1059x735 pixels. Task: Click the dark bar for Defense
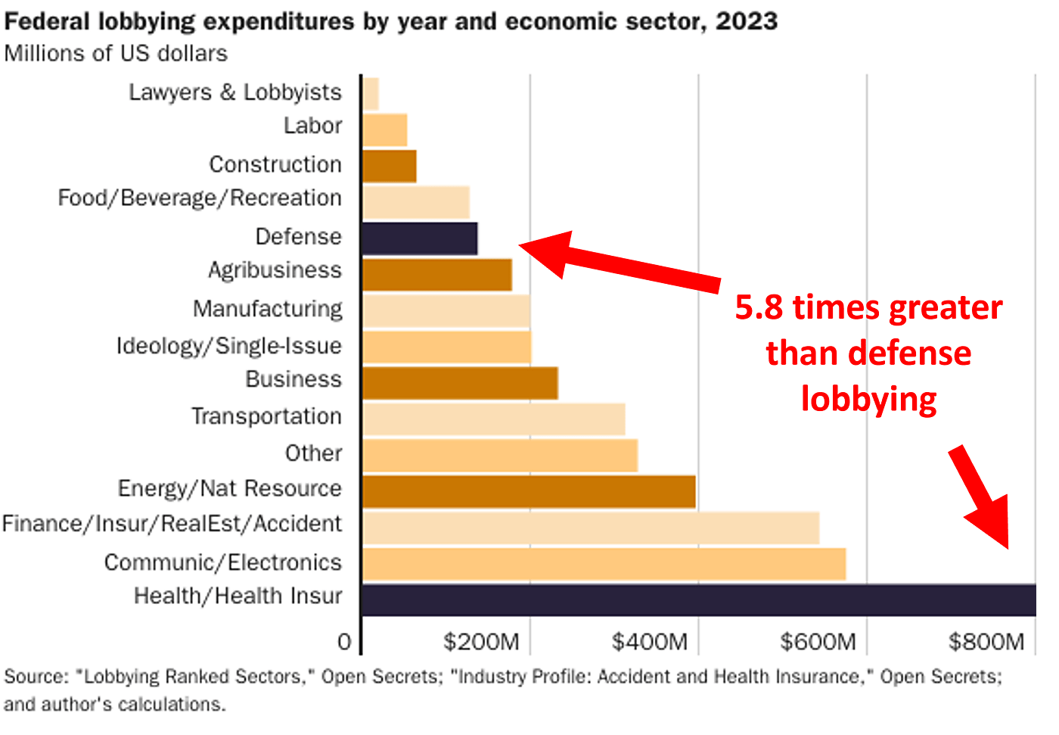click(x=420, y=238)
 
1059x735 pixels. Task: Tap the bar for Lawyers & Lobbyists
click(x=371, y=94)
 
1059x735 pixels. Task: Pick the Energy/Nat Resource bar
click(x=529, y=491)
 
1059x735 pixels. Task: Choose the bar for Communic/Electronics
click(x=604, y=564)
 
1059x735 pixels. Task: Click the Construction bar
click(x=389, y=166)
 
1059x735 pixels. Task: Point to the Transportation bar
click(x=493, y=419)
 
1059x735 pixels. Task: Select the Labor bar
click(x=384, y=130)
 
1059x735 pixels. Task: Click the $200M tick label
click(x=481, y=643)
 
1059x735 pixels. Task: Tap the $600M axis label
click(x=818, y=643)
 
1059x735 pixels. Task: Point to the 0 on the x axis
click(x=344, y=643)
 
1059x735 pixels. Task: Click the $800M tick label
click(x=986, y=643)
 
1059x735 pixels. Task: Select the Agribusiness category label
click(x=275, y=270)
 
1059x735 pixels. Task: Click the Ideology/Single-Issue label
click(x=228, y=346)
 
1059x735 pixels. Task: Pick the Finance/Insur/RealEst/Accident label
click(x=172, y=524)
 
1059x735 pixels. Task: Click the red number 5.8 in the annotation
click(x=759, y=308)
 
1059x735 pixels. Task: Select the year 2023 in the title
click(x=747, y=21)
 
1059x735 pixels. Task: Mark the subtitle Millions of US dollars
click(x=116, y=54)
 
